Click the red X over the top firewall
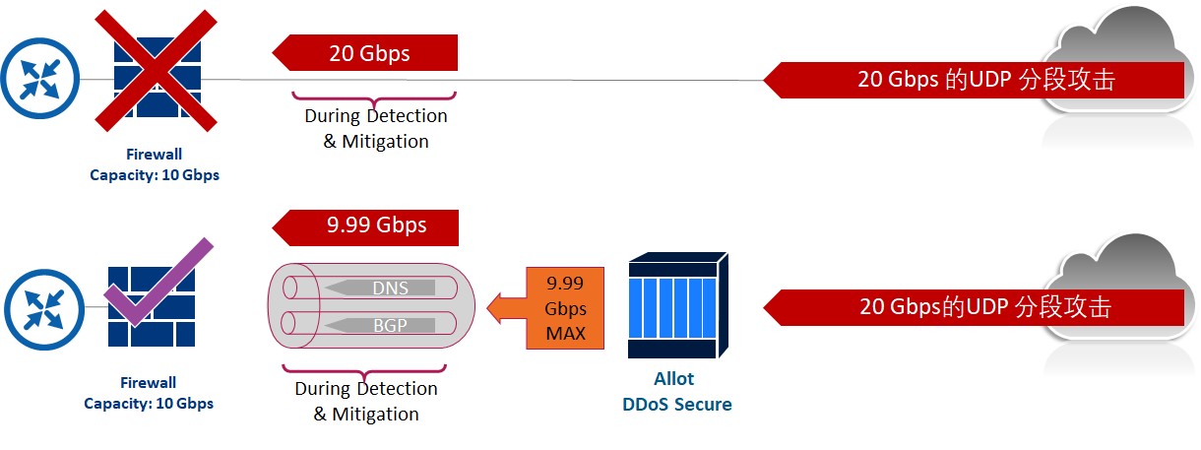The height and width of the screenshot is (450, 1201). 156,71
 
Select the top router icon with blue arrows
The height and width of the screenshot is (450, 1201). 40,79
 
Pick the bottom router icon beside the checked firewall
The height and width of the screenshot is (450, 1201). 44,309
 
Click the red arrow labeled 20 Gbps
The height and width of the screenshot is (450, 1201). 364,52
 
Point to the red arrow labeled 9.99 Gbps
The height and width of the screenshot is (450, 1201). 365,227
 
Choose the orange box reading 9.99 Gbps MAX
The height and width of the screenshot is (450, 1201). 565,308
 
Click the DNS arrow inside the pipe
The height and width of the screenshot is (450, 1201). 380,289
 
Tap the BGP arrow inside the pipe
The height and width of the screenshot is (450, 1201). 380,325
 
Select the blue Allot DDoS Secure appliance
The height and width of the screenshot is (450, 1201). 678,305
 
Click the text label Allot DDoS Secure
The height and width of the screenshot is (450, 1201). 676,392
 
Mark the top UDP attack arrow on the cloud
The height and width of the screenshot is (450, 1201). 974,80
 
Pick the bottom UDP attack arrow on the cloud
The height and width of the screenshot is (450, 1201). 974,308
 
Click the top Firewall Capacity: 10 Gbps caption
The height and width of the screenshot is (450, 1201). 155,164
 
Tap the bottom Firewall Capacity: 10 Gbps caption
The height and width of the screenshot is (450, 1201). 149,393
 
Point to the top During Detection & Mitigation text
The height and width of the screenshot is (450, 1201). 376,129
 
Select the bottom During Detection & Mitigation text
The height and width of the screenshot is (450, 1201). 366,401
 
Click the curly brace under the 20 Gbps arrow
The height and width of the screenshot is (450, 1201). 374,98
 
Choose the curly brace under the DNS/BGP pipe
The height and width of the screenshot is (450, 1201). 364,371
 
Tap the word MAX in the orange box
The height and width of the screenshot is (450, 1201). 566,334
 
